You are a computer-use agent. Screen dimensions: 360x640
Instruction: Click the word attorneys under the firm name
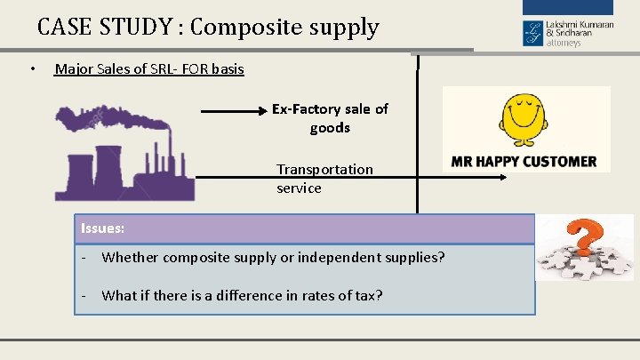pos(564,42)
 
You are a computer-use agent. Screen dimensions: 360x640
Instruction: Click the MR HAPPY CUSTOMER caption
pos(524,162)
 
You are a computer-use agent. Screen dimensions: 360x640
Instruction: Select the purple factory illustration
pos(124,164)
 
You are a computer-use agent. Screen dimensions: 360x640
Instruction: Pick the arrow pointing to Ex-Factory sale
pos(235,112)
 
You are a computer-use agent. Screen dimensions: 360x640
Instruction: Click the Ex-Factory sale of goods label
pos(330,118)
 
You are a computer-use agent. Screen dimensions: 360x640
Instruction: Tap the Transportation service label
pos(324,178)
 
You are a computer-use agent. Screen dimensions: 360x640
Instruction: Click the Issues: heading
pos(102,228)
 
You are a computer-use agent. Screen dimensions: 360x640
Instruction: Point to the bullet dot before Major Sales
pos(31,69)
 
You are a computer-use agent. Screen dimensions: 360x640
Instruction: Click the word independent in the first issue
pos(334,258)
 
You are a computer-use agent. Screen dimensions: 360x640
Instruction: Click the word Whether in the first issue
pos(129,258)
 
